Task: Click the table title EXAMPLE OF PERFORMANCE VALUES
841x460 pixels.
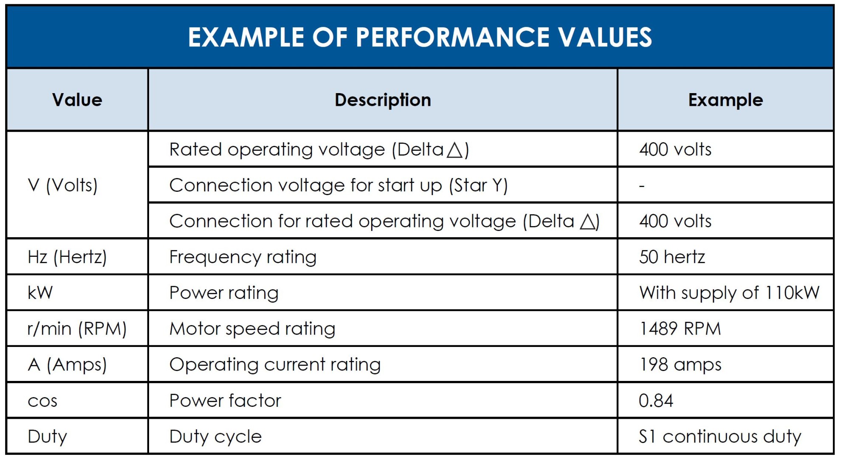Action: click(x=420, y=37)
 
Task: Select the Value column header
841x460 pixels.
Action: click(x=77, y=100)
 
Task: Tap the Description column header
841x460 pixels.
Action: click(x=383, y=100)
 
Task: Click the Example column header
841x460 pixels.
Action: click(x=725, y=100)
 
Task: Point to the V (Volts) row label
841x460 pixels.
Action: click(x=62, y=185)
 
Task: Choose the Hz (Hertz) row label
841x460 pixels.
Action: click(x=67, y=257)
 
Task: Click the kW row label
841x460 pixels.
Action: click(x=40, y=293)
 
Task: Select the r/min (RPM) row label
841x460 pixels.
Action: click(x=77, y=329)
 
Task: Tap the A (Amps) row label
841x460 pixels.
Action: click(x=67, y=365)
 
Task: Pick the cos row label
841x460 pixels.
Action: click(x=42, y=401)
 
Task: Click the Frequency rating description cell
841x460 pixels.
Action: click(x=243, y=257)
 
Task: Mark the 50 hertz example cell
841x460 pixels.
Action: click(x=672, y=257)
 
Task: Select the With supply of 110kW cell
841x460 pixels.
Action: click(x=729, y=293)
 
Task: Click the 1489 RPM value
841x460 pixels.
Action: click(x=680, y=329)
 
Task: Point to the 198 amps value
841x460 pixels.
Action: click(x=680, y=365)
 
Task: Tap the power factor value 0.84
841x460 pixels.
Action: click(x=656, y=401)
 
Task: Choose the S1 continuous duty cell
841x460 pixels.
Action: click(x=720, y=437)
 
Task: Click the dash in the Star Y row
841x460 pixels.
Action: click(x=642, y=186)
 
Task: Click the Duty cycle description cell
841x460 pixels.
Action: click(x=215, y=437)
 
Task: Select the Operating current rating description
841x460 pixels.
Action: click(x=275, y=365)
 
